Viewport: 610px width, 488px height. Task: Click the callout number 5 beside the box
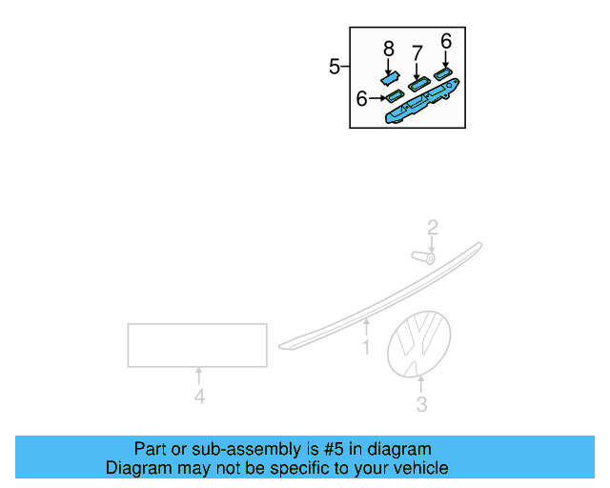tap(335, 67)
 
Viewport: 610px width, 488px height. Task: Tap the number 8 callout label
tap(388, 48)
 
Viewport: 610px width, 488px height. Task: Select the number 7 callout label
tap(417, 51)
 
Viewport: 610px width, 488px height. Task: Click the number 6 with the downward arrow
tap(445, 40)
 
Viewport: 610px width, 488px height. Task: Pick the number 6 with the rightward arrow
tap(362, 98)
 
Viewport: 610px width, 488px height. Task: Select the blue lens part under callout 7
tap(417, 85)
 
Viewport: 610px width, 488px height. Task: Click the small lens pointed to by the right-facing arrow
tap(393, 96)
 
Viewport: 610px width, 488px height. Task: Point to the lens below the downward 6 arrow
tap(443, 72)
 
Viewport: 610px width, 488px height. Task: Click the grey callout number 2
tap(432, 228)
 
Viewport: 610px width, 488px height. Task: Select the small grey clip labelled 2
tap(421, 255)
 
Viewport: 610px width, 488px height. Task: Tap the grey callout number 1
tap(365, 348)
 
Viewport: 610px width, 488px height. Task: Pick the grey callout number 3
tap(421, 405)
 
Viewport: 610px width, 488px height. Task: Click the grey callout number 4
tap(199, 396)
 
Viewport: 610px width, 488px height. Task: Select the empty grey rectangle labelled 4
tap(197, 345)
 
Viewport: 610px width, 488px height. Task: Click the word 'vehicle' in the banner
tap(419, 468)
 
